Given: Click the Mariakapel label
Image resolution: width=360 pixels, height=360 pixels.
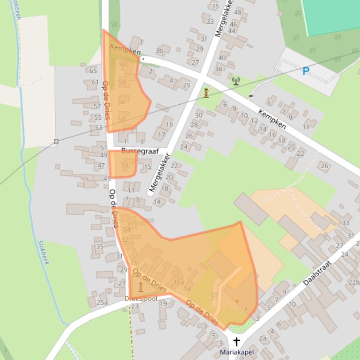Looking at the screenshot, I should point(236,352).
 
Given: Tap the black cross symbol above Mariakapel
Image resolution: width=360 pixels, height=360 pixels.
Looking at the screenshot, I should point(236,341).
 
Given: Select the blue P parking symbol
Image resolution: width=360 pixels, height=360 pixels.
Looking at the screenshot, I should point(306,71).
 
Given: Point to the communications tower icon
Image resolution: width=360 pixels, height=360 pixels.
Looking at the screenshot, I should point(235,81).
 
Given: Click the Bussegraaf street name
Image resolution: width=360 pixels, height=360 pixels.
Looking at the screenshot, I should point(140,151).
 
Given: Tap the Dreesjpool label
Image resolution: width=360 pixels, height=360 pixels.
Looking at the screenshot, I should point(141,298).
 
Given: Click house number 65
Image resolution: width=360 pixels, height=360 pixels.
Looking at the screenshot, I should point(93,71).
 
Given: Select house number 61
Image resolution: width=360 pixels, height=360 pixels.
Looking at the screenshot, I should point(95,82).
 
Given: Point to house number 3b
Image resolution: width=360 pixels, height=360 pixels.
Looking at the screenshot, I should point(159,51).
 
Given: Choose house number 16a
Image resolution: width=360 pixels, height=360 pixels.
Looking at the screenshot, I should point(178,282).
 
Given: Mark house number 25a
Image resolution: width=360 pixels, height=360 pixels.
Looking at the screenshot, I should point(102,302).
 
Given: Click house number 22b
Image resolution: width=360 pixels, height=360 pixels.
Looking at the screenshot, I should point(353,282).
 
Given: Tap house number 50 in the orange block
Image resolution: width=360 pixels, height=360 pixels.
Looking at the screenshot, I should point(124,165).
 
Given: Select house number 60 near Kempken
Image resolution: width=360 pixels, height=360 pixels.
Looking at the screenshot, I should point(124,65).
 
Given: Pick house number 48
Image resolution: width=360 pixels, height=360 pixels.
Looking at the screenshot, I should point(238,12).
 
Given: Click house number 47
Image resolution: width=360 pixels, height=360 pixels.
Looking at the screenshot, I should point(101,166).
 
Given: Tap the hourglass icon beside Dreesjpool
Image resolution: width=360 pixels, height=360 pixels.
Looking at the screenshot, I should point(140,287).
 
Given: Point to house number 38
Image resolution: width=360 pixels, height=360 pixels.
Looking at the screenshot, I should point(219,69).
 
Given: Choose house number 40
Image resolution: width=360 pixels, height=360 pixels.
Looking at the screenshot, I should point(222,58).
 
